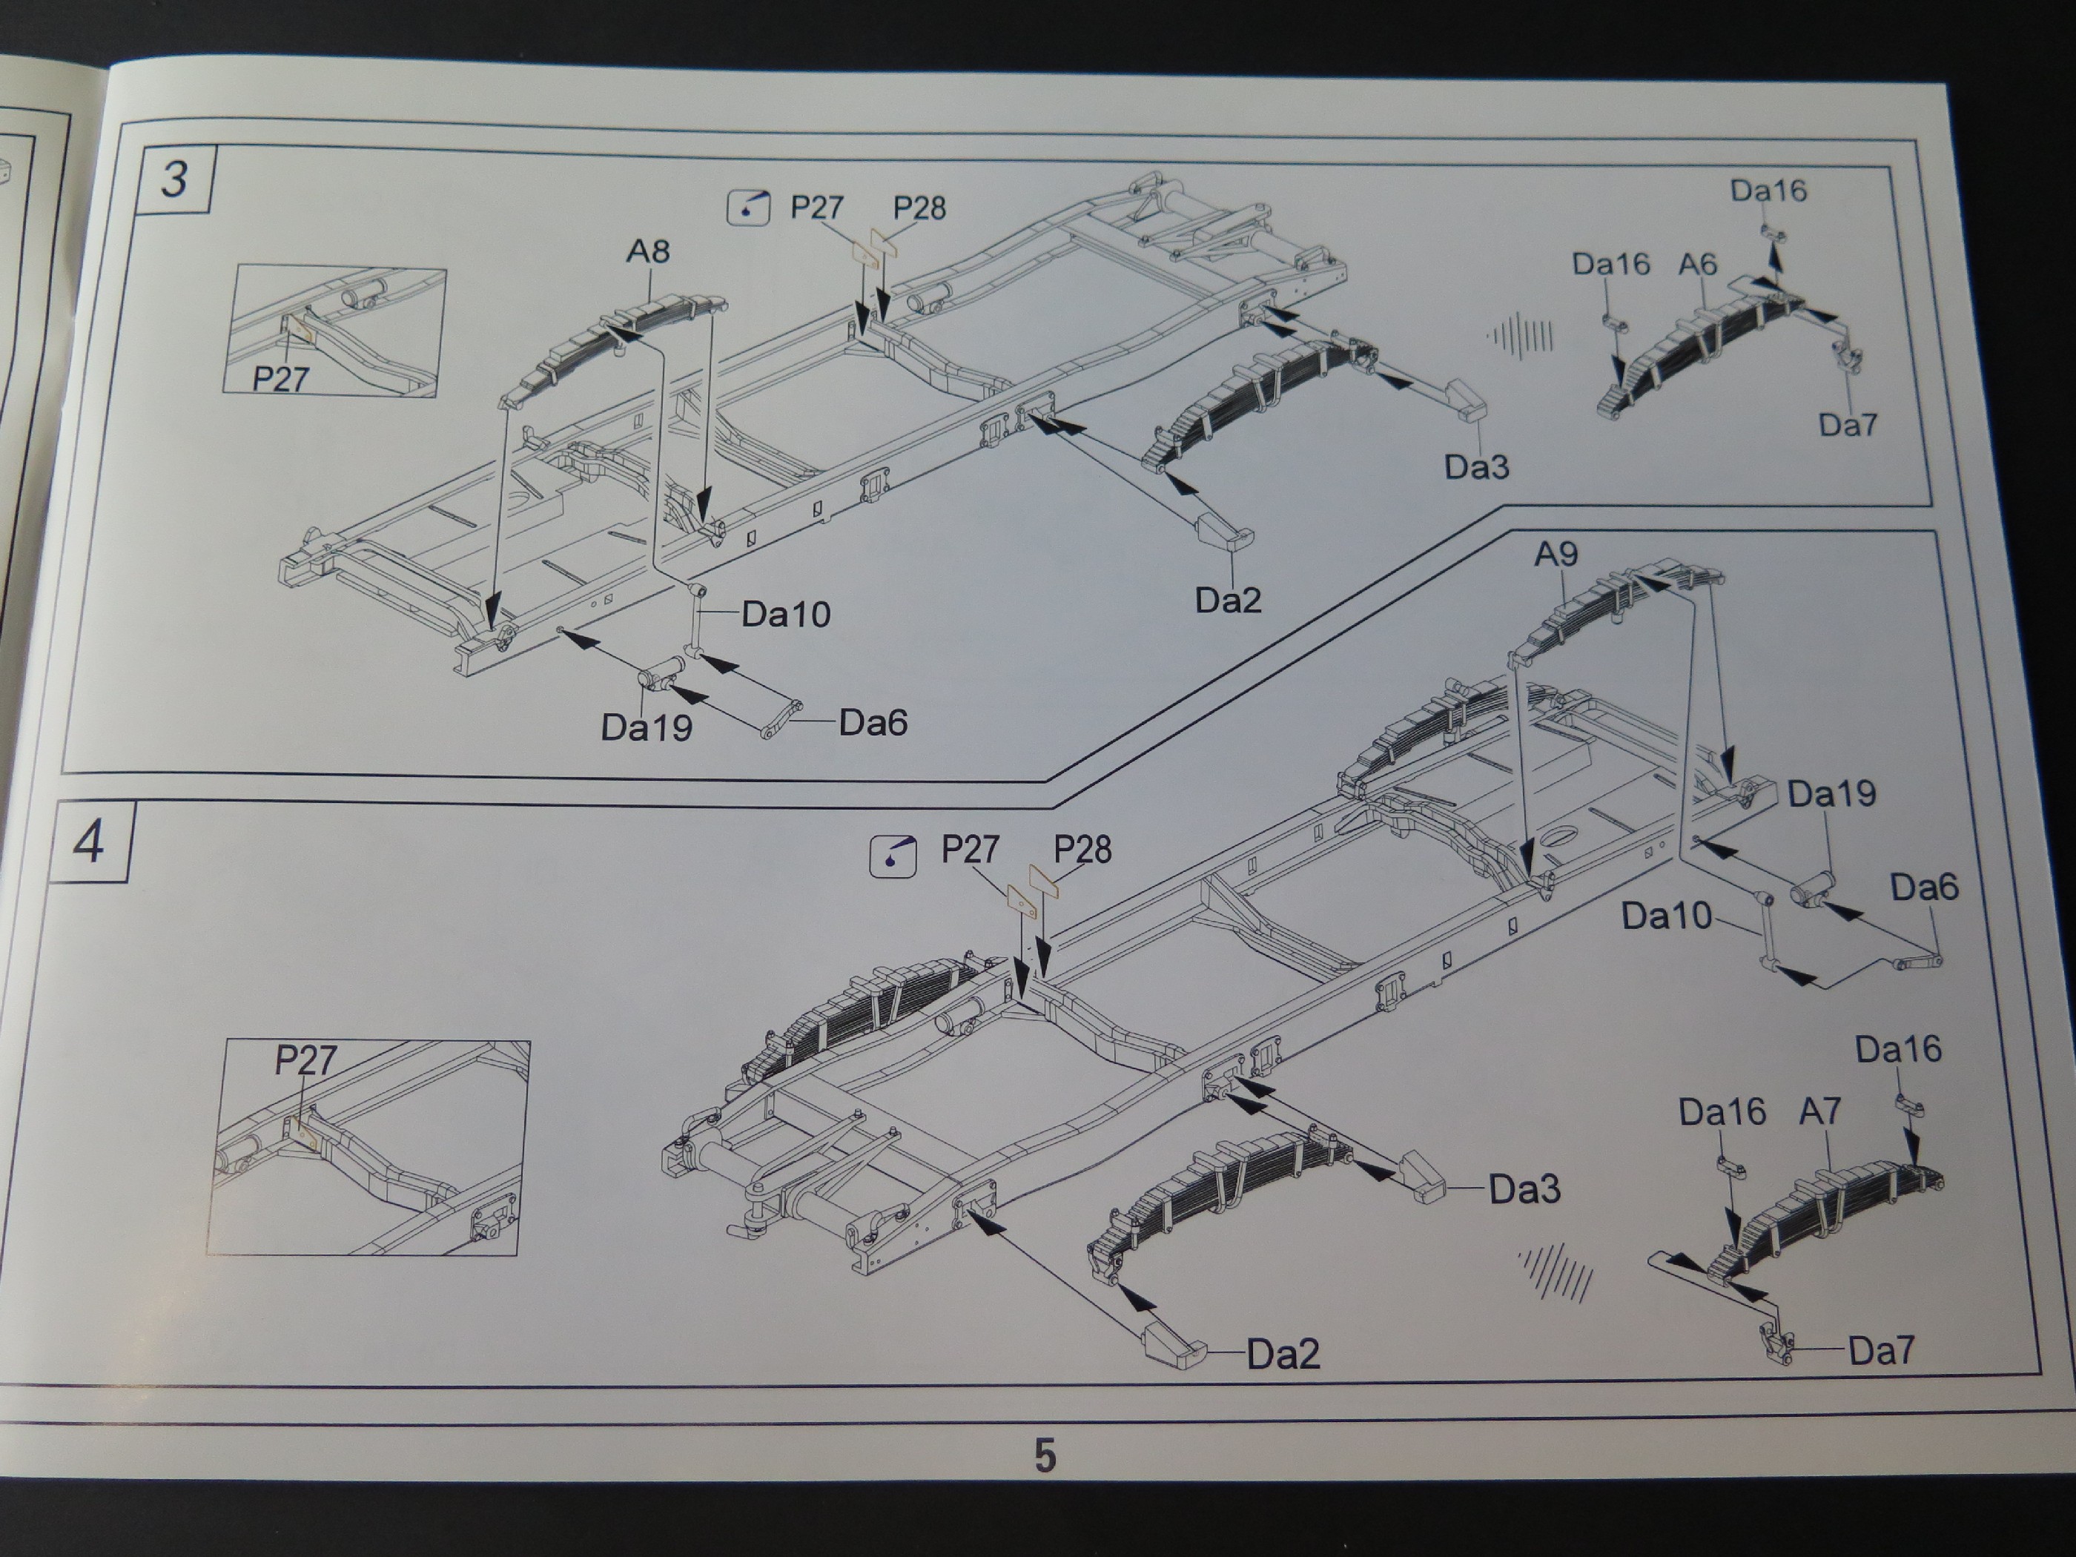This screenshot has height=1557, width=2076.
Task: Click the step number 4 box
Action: (89, 842)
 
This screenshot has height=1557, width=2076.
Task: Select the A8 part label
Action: (647, 251)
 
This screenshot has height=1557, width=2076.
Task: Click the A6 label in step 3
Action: (1697, 265)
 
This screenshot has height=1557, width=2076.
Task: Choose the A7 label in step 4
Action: (1819, 1112)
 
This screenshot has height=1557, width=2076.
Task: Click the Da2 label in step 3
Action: (1228, 600)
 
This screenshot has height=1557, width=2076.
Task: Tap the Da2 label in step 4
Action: (1283, 1353)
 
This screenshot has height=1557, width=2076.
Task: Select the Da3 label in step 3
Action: (1476, 466)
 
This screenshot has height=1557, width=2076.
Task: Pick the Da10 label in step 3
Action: (785, 615)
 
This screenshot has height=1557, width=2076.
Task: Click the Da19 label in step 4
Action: (1831, 794)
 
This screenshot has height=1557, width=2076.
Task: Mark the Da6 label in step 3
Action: (873, 723)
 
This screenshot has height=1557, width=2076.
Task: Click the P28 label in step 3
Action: (919, 208)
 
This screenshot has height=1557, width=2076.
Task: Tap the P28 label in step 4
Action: (1082, 850)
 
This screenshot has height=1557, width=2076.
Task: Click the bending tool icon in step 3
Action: (748, 208)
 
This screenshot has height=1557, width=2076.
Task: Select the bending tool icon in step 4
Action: (893, 855)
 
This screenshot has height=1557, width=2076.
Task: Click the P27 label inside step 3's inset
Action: (280, 378)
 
